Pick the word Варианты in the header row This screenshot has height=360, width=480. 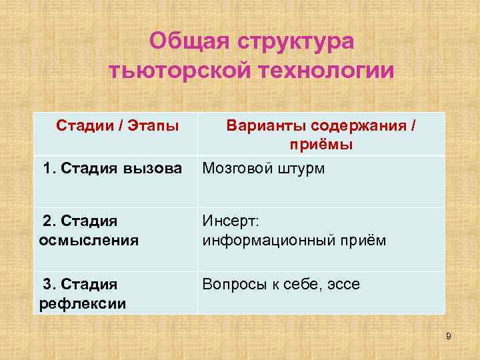(267, 125)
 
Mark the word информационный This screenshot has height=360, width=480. (273, 240)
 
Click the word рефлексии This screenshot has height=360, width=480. (80, 304)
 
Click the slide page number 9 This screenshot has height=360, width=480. (448, 336)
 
